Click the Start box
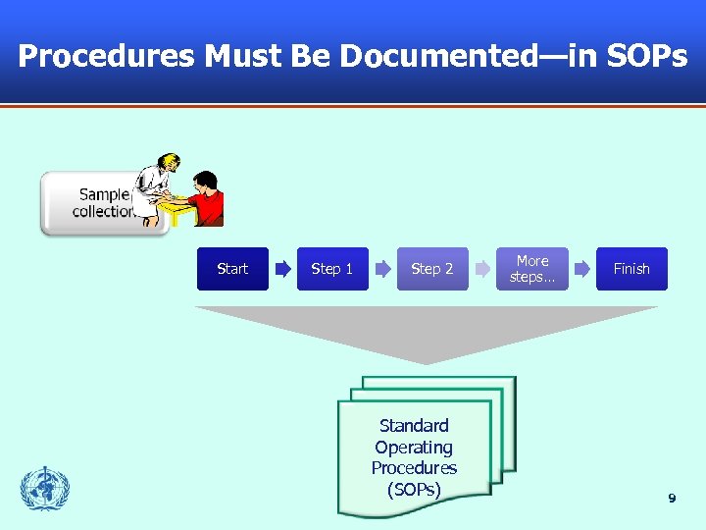(232, 269)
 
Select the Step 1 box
(332, 269)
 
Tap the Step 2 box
(432, 269)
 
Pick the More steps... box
(532, 269)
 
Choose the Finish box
(631, 269)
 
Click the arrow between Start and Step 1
(282, 269)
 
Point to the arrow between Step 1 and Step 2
(382, 269)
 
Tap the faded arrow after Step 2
(482, 269)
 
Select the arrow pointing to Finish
(582, 269)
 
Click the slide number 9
(672, 499)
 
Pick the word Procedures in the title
(106, 56)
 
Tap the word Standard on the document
(414, 426)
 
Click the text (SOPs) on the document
(414, 489)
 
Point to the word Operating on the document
(414, 448)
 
